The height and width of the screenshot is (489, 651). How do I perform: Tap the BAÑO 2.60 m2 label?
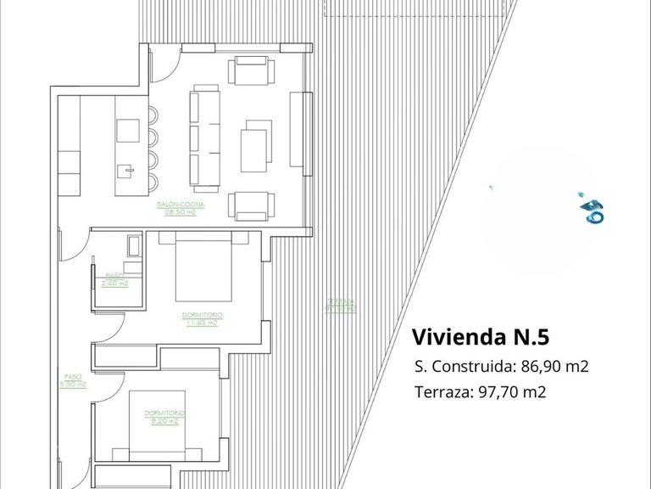click(x=114, y=278)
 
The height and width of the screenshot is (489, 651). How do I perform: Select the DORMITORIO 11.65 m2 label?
click(x=202, y=318)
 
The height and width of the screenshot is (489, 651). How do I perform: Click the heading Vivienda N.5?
click(x=480, y=337)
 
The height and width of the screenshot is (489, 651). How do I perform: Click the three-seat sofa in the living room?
click(x=204, y=136)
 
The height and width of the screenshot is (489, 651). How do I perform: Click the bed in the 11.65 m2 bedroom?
click(x=203, y=270)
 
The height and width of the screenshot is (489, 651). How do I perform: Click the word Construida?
click(x=471, y=367)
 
